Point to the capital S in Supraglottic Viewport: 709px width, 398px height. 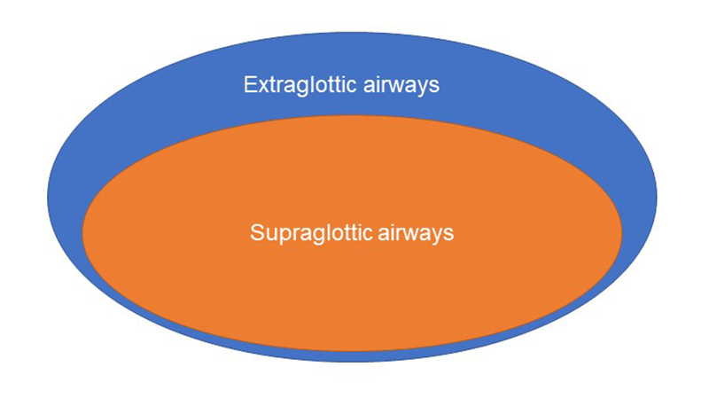(257, 232)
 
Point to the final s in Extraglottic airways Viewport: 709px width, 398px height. (435, 87)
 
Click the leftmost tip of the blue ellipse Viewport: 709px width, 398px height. (48, 197)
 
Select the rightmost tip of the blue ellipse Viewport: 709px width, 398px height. (657, 197)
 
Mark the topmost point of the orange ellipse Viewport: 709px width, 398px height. (352, 116)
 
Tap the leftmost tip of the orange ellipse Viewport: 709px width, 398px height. (82, 233)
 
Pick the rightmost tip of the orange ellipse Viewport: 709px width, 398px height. (622, 233)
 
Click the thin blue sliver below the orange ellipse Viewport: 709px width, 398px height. (352, 356)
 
